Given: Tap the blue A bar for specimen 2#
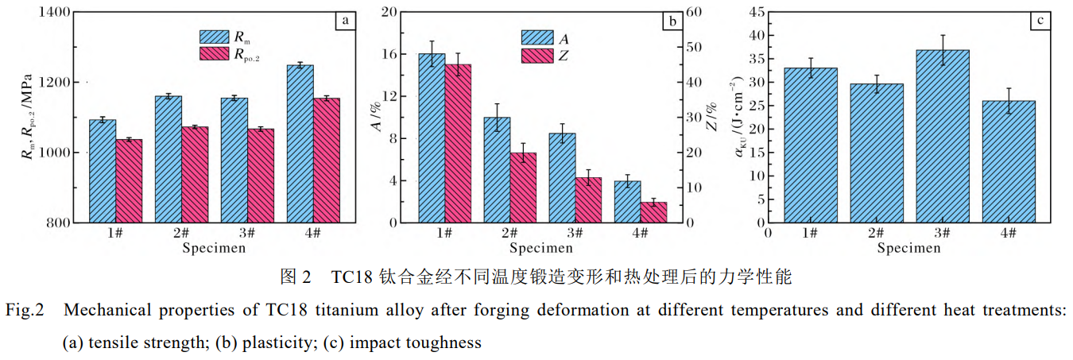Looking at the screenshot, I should pyautogui.click(x=497, y=169).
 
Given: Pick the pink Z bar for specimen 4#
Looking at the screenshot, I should pyautogui.click(x=653, y=212).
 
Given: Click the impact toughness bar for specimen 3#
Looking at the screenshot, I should pyautogui.click(x=943, y=135).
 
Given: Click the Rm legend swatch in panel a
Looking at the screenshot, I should pyautogui.click(x=215, y=37).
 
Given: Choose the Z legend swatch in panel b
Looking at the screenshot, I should pyautogui.click(x=536, y=56).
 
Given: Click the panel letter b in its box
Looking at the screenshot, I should pyautogui.click(x=672, y=21).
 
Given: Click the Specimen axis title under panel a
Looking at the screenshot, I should pyautogui.click(x=214, y=248).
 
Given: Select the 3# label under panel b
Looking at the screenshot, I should pyautogui.click(x=575, y=232).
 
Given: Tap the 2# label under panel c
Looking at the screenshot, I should pyautogui.click(x=877, y=232).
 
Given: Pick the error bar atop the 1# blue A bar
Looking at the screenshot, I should pyautogui.click(x=432, y=53).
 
